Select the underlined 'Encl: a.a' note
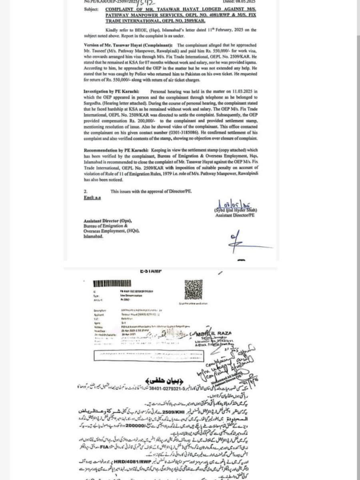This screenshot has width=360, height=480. [92, 198]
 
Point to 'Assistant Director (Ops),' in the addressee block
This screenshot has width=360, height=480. [107, 221]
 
